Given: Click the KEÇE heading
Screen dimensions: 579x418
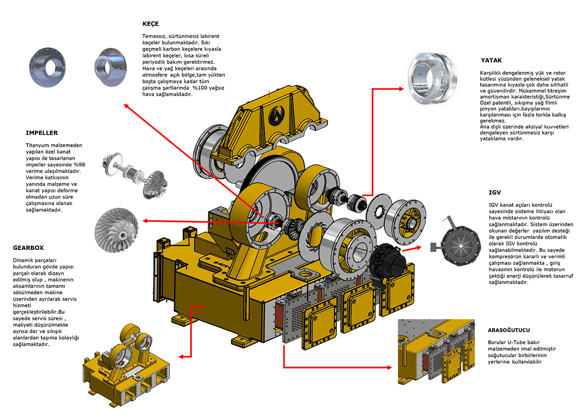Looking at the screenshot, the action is [150, 24].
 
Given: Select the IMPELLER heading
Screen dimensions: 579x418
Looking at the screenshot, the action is [42, 133].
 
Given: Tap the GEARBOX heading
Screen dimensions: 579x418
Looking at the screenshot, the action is [28, 248].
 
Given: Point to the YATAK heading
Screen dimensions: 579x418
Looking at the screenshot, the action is [491, 60].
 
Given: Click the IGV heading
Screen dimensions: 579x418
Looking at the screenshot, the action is [495, 193].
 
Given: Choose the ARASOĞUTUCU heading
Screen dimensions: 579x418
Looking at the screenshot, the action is [509, 330].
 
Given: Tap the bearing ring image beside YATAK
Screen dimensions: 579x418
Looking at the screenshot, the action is [432, 79].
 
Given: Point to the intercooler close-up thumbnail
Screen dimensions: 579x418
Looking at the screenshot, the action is [436, 352].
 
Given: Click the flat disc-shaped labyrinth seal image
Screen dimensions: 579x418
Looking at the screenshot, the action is [47, 67].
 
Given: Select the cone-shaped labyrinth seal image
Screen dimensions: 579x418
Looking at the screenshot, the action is [110, 67].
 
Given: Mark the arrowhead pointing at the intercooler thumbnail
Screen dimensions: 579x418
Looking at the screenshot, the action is [389, 367].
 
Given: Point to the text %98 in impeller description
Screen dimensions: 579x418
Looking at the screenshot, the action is [79, 165].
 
